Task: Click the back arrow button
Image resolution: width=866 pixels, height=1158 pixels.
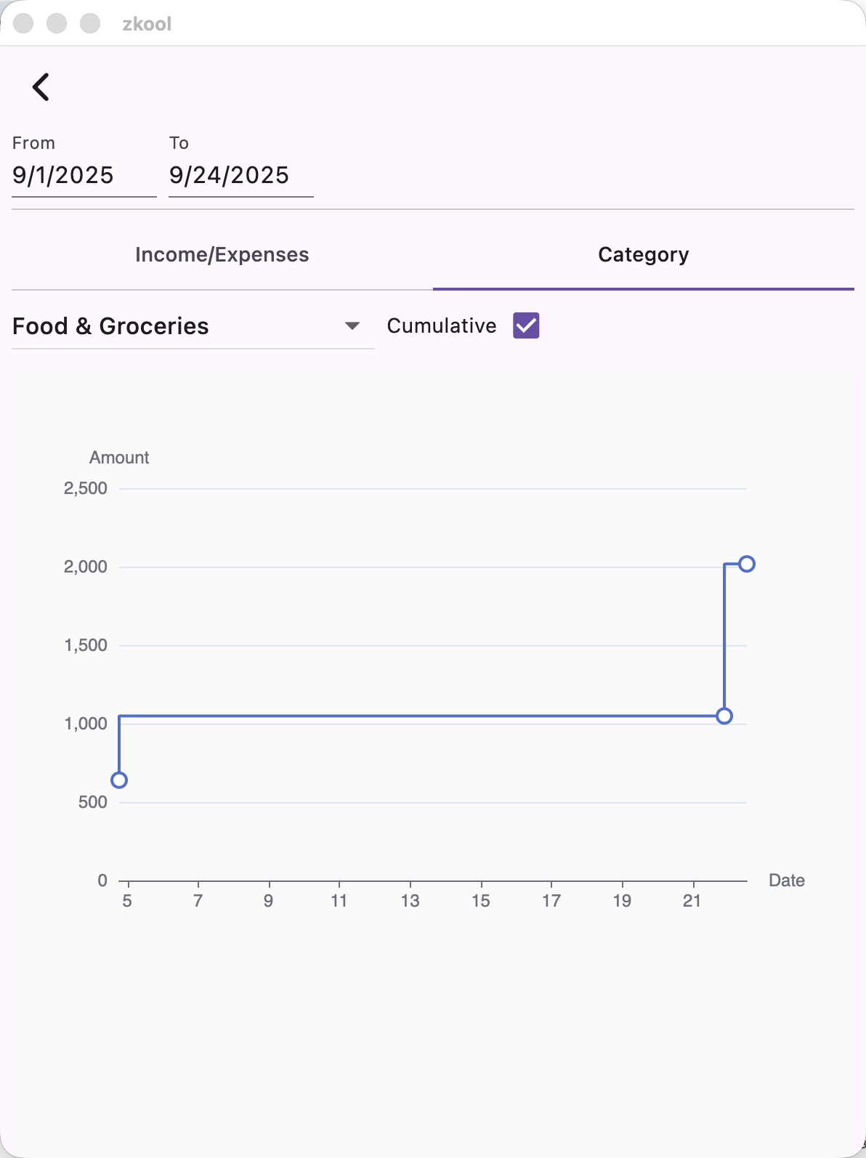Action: tap(41, 87)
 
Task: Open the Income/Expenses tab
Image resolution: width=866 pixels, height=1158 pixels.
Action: tap(222, 255)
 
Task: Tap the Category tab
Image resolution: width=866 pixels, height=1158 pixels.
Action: tap(643, 255)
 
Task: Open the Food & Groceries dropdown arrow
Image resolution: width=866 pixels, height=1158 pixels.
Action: tap(352, 326)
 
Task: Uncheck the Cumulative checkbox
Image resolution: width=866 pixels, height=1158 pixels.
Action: tap(526, 326)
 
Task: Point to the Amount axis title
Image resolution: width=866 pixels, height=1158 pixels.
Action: tap(119, 458)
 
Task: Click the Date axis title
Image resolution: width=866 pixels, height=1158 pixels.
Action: tap(786, 880)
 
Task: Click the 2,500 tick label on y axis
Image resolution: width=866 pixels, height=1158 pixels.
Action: tap(86, 489)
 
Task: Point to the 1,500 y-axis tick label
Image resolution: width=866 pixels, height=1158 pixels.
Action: tap(86, 645)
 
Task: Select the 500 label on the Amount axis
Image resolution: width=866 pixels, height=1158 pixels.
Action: tap(92, 802)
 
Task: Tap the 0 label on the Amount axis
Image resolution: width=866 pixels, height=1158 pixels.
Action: tap(102, 880)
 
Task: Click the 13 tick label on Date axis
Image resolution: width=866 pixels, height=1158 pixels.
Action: tap(410, 901)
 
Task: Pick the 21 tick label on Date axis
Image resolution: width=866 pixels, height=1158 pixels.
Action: tap(692, 901)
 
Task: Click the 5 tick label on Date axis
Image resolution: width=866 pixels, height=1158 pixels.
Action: tap(127, 901)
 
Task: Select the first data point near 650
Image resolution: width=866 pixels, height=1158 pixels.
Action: tap(119, 780)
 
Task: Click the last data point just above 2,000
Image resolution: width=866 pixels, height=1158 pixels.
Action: tap(747, 564)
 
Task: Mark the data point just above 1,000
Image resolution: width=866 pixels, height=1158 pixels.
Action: tap(724, 716)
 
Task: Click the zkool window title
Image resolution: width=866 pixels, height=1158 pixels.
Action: tap(147, 24)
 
